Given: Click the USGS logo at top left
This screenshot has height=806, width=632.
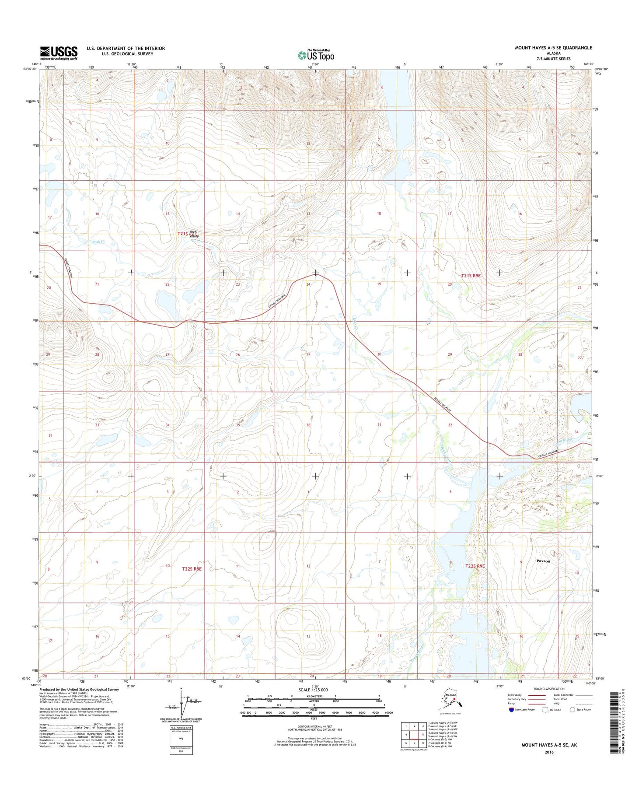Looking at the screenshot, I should [x=59, y=53].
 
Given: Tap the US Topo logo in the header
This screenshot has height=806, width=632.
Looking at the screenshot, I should [x=316, y=55].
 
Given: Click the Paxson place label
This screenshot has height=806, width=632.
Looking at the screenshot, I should [x=543, y=561].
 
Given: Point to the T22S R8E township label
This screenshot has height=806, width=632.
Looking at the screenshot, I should [x=192, y=569].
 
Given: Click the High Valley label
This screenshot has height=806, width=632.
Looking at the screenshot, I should [x=193, y=234].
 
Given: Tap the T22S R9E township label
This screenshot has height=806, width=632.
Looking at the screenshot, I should [x=475, y=566].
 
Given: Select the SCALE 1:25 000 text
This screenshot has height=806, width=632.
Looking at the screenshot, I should [x=314, y=690].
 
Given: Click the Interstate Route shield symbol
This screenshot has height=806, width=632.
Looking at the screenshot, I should [x=511, y=710].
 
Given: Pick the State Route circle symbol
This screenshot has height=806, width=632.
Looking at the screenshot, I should [x=572, y=710].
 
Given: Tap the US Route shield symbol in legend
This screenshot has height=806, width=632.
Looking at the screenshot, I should [x=545, y=710].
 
